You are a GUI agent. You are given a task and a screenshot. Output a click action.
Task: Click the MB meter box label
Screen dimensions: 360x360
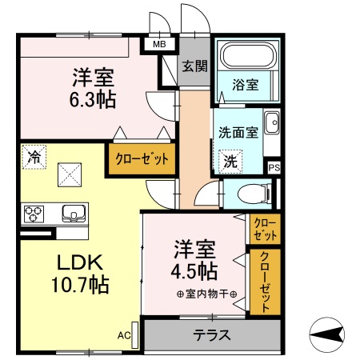tap(160, 45)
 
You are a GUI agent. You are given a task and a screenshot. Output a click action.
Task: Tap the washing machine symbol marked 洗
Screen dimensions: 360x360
tap(230, 160)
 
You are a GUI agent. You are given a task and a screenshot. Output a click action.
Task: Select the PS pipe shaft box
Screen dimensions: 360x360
tap(274, 167)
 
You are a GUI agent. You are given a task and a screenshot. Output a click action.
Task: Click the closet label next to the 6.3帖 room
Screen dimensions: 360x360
tap(141, 158)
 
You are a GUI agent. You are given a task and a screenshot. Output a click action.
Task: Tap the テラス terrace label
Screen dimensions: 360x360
tap(211, 334)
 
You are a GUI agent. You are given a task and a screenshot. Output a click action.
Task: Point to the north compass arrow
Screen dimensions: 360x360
tap(327, 333)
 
